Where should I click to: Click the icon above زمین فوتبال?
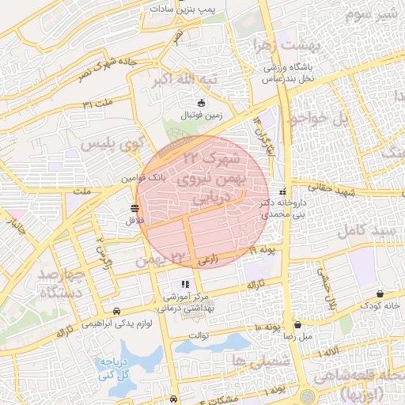(x=201, y=102)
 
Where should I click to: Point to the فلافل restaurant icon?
(x=133, y=208)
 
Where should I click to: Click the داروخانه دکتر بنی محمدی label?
(x=282, y=208)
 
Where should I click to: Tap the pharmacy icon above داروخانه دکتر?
(x=283, y=191)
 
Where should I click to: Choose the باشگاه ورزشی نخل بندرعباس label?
(x=290, y=73)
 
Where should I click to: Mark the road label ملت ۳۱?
(x=98, y=104)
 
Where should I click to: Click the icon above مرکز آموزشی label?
(x=184, y=283)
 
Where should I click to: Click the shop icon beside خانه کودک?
(x=380, y=293)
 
